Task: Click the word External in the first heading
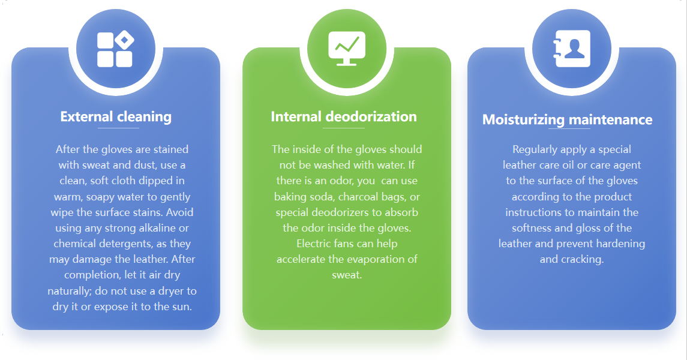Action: [x=87, y=116]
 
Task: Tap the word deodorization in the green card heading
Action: [x=371, y=116]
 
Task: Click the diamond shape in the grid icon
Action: [x=124, y=40]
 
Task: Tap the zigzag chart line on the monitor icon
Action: [x=347, y=44]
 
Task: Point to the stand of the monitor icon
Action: [x=347, y=62]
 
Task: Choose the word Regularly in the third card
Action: [x=535, y=150]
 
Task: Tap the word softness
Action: [x=531, y=228]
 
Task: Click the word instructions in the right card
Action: [x=533, y=212]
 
